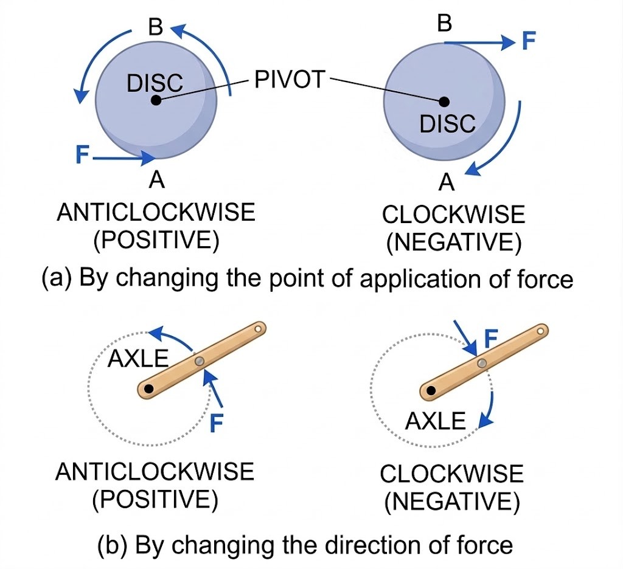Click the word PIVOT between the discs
(290, 80)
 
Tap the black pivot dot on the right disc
(444, 102)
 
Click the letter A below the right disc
(447, 181)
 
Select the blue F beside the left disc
(82, 154)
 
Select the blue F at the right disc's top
(529, 42)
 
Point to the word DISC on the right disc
(447, 124)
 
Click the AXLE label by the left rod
(137, 359)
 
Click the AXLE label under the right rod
(436, 420)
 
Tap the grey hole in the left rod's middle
(199, 361)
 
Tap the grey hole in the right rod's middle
(481, 363)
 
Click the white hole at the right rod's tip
(540, 331)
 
